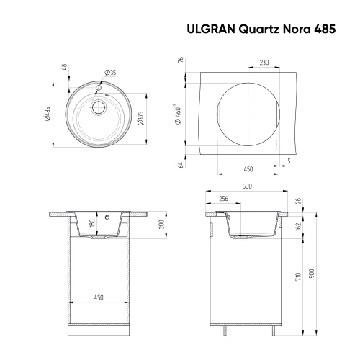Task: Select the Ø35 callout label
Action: tap(110, 72)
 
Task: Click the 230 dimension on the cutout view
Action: tap(264, 63)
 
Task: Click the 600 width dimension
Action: tap(246, 186)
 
